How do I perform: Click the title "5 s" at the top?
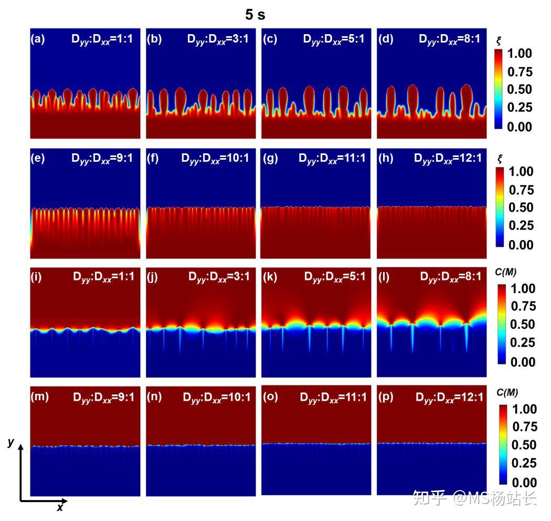point(255,14)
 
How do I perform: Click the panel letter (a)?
point(38,39)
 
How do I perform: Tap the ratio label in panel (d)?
point(449,39)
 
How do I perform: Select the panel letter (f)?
point(153,158)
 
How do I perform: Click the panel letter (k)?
point(270,277)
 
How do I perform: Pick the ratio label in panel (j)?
point(219,277)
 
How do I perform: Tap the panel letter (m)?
point(39,397)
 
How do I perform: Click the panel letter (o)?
point(270,397)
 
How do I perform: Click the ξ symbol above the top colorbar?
point(499,41)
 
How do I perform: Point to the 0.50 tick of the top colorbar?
point(520,89)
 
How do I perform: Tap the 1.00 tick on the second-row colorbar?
point(521,172)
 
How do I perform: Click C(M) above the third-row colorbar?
point(506,272)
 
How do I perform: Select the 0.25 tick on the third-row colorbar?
point(523,342)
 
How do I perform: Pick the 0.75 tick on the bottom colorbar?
point(525,426)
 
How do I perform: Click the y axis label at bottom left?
point(11,442)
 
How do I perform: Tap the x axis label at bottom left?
point(60,507)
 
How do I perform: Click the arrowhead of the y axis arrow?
point(21,447)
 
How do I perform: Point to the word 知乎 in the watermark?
point(429,498)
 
